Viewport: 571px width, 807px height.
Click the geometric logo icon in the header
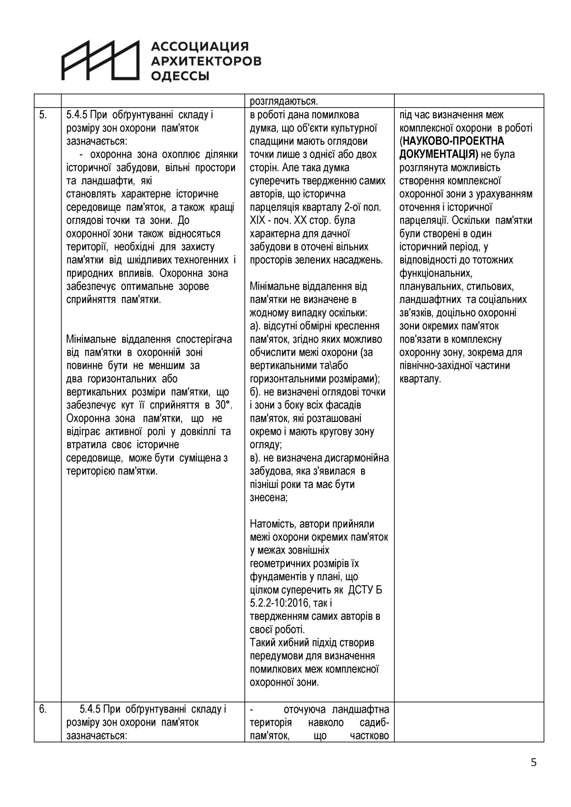click(x=101, y=60)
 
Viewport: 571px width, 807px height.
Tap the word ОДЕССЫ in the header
click(x=180, y=76)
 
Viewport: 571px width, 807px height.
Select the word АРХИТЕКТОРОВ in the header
click(x=206, y=61)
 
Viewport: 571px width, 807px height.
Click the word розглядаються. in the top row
click(x=284, y=101)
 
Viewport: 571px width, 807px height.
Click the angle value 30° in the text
click(x=224, y=405)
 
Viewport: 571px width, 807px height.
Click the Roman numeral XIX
click(x=257, y=220)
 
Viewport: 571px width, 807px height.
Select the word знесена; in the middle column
click(x=269, y=498)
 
